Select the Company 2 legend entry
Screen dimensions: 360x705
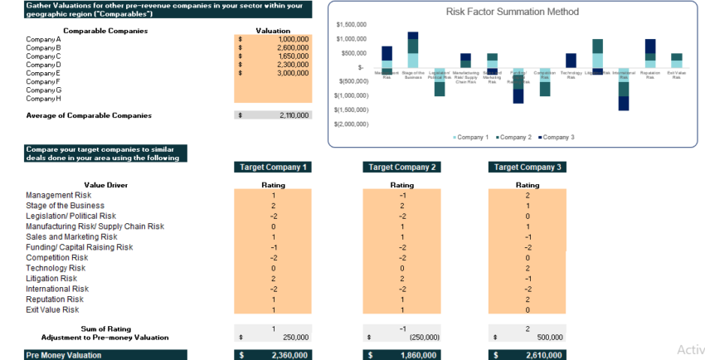515,137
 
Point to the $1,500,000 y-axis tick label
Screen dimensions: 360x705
352,25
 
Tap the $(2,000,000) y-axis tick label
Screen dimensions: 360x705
352,124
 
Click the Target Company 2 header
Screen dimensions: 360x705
401,167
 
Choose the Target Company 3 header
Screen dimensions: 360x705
528,167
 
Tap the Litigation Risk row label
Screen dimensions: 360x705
51,279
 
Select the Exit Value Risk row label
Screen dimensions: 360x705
52,309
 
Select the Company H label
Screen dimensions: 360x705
44,99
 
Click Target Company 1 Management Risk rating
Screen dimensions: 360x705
274,195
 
